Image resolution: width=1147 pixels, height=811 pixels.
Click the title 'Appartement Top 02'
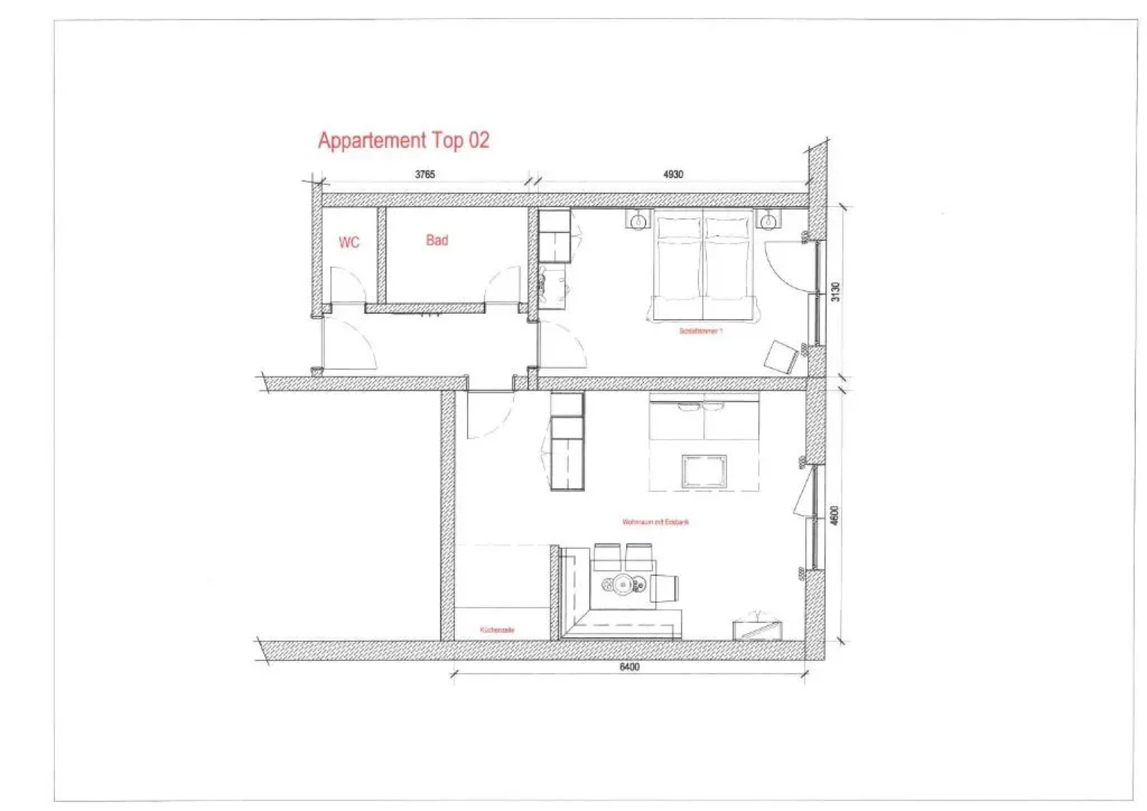[x=403, y=140]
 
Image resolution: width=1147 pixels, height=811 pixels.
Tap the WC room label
[x=349, y=243]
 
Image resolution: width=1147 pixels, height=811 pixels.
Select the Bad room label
[x=437, y=240]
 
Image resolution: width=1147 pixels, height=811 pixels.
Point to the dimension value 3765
[x=425, y=174]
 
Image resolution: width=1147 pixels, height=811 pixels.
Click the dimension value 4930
[x=673, y=174]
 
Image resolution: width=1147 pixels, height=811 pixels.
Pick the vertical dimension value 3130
[x=835, y=292]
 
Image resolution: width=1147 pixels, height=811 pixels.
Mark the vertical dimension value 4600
[x=835, y=516]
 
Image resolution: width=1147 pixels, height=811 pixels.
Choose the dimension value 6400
[x=629, y=667]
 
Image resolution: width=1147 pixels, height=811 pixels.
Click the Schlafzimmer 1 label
[x=700, y=331]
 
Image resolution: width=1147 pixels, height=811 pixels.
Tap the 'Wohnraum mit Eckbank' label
[x=655, y=522]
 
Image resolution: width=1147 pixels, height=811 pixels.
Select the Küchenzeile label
[x=497, y=630]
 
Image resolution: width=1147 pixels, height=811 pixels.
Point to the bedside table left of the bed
[x=638, y=220]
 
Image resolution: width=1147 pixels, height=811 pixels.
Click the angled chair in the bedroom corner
[x=781, y=356]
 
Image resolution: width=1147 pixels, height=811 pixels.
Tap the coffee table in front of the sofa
[x=703, y=471]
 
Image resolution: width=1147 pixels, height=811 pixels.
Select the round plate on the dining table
[x=622, y=583]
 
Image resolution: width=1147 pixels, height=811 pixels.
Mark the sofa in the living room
[x=703, y=421]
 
